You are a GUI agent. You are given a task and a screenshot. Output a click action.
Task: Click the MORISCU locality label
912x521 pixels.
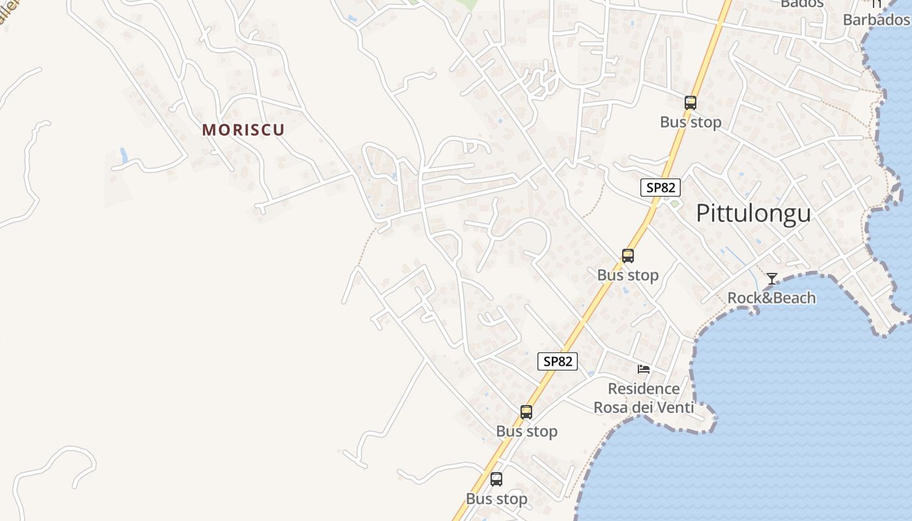coord(244,130)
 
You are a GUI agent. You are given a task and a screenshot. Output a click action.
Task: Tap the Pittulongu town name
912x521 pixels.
coord(754,213)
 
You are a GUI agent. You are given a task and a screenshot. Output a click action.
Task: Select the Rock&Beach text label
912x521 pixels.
coord(771,298)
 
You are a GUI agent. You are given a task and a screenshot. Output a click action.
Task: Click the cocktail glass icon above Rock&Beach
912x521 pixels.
coord(772,279)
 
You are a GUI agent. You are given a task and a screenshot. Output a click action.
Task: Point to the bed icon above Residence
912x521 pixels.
coord(644,369)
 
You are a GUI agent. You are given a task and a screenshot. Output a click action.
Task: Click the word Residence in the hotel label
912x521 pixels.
coord(644,389)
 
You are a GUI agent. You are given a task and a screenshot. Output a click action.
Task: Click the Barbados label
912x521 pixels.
coord(876,20)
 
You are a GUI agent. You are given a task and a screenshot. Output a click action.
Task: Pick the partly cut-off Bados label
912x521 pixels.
coord(802,3)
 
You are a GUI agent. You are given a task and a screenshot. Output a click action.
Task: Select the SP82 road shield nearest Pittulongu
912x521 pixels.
coord(661,188)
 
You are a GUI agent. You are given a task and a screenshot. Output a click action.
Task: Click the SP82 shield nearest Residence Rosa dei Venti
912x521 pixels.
coord(558,361)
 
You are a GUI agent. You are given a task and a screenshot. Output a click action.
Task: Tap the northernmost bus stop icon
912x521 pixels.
coord(691,102)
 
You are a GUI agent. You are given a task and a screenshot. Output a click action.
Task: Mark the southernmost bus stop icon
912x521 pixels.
coord(496,479)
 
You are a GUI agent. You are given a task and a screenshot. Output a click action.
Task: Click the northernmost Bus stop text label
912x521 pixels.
coord(691,122)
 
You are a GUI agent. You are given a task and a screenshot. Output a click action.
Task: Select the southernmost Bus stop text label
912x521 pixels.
coord(496,499)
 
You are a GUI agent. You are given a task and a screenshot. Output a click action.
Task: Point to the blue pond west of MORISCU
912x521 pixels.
coord(124,156)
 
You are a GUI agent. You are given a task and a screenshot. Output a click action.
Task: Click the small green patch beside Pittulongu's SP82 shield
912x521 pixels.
coord(675,203)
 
